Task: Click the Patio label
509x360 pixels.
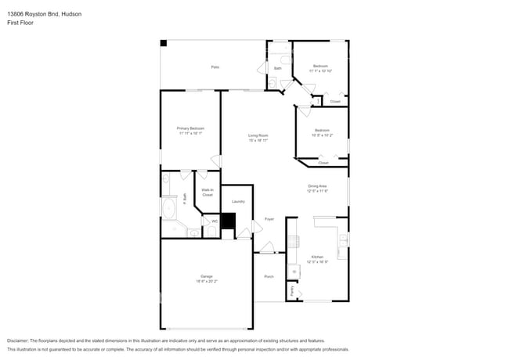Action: tap(215, 67)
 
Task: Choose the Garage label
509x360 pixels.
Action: tap(207, 277)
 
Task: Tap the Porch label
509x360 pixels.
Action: tap(269, 277)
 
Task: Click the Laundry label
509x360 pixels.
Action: tap(238, 202)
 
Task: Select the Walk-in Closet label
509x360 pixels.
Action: tap(208, 193)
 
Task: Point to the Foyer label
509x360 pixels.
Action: tap(269, 219)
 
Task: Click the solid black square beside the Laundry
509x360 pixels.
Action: tap(228, 221)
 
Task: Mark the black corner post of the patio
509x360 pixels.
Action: tap(164, 43)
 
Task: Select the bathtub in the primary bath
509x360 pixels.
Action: tap(169, 208)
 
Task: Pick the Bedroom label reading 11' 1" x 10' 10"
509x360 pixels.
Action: tap(320, 68)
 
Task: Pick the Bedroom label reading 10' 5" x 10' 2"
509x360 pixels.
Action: tap(322, 132)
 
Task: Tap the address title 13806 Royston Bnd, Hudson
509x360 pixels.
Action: tap(43, 14)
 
